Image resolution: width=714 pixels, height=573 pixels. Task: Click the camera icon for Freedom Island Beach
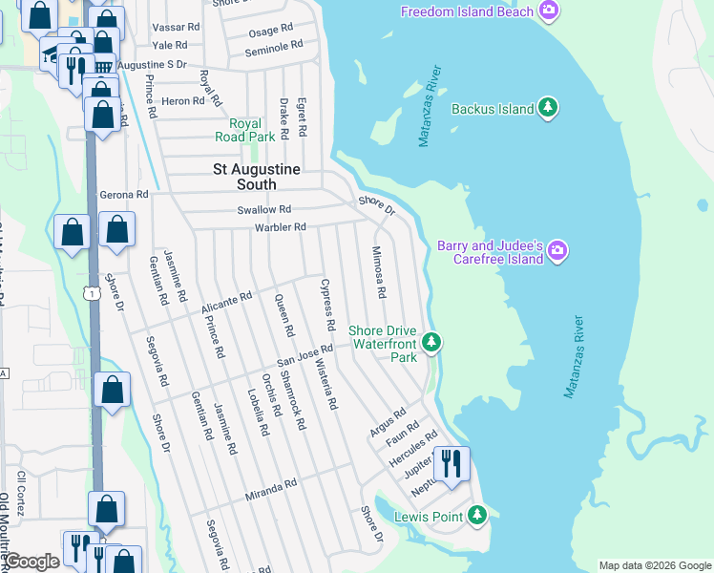point(548,11)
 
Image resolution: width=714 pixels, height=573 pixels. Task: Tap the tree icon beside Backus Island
point(548,109)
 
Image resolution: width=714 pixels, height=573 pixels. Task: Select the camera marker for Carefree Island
point(557,252)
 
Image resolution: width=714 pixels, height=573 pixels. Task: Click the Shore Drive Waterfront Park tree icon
point(432,341)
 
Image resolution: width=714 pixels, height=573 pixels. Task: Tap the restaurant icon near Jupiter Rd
point(450,464)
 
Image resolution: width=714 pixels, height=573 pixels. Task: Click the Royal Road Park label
point(252,130)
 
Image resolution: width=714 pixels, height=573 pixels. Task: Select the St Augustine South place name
point(257,177)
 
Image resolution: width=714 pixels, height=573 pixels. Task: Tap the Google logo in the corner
point(31,562)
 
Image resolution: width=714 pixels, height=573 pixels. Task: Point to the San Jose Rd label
point(304,355)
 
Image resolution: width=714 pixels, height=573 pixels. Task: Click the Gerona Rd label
point(124,194)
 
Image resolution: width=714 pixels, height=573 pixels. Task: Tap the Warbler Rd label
point(280,227)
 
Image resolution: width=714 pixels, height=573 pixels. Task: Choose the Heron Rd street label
point(184,100)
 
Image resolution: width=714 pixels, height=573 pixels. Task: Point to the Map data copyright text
point(654,565)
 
